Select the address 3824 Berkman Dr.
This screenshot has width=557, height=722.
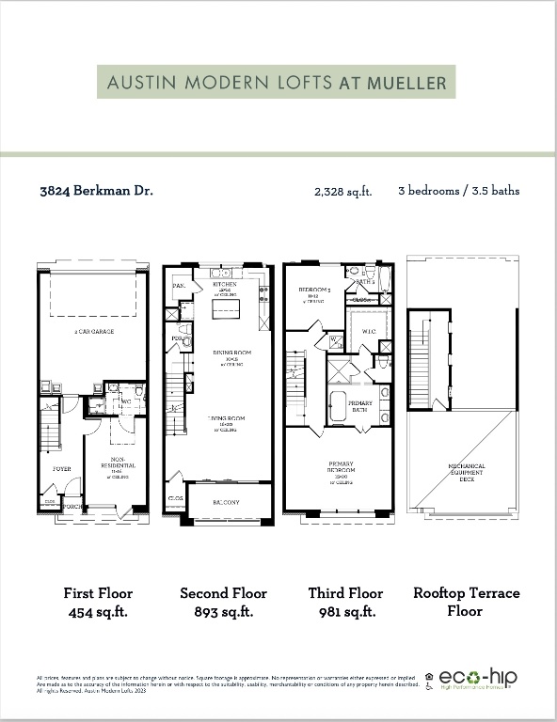click(x=97, y=190)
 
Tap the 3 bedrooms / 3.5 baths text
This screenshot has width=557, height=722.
click(x=458, y=190)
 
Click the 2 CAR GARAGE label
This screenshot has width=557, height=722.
click(x=92, y=333)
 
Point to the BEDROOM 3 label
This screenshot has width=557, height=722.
click(x=311, y=290)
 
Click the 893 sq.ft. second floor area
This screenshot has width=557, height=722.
click(x=223, y=611)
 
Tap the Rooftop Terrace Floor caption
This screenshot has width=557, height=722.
click(x=466, y=602)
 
